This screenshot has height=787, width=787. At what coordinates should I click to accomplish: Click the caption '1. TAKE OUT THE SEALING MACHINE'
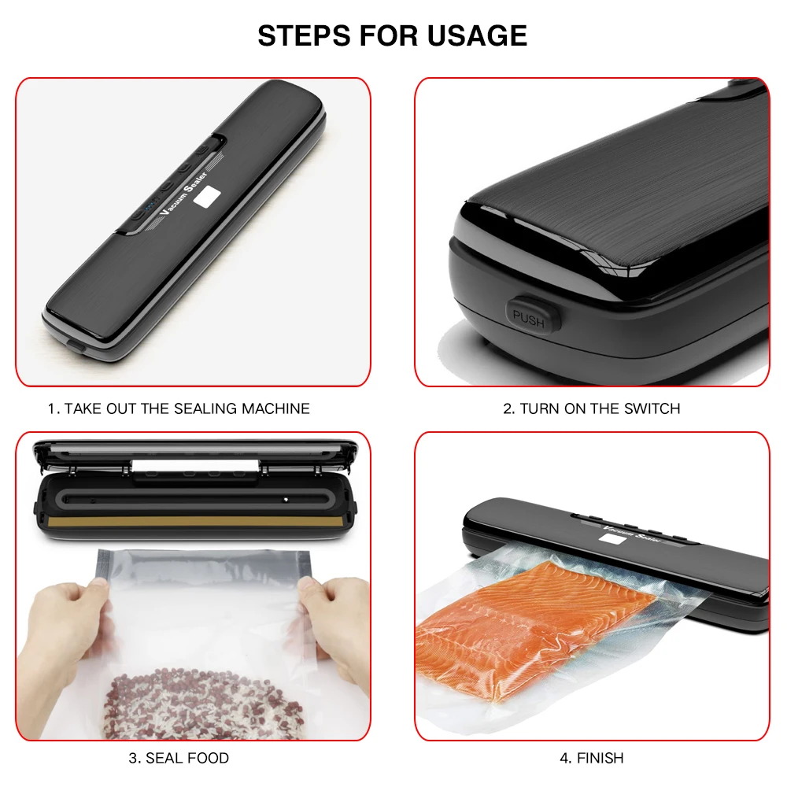[x=179, y=408]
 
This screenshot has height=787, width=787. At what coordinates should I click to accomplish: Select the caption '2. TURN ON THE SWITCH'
[x=592, y=408]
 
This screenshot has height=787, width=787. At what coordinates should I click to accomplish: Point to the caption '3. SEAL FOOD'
[x=179, y=758]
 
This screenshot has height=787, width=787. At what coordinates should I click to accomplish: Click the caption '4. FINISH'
[x=592, y=758]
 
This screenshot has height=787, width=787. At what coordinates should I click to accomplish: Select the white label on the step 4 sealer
[x=609, y=538]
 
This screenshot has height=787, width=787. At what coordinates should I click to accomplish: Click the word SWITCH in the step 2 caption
[x=652, y=408]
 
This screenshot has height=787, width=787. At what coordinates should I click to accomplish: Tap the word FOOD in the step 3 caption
[x=209, y=758]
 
